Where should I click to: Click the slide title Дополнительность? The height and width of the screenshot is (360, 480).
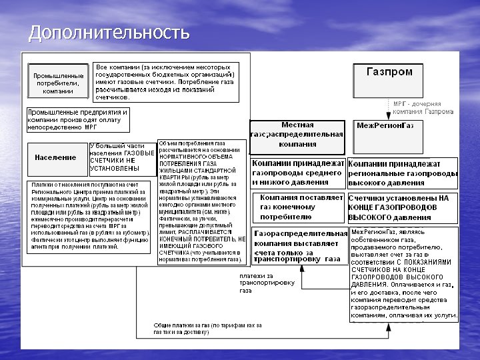[109, 32]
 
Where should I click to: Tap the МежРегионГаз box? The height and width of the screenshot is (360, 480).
[385, 126]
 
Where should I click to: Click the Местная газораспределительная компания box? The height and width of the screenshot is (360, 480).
[297, 135]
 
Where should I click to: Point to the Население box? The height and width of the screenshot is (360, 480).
[56, 158]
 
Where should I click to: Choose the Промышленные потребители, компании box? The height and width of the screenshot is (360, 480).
[58, 82]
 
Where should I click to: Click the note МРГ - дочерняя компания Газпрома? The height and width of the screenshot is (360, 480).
[423, 108]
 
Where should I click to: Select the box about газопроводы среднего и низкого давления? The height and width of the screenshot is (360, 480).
[298, 172]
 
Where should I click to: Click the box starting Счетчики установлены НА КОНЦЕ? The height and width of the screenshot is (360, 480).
[402, 207]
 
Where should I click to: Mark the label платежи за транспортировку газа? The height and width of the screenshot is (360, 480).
[267, 283]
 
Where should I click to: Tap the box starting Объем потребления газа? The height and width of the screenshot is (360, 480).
[202, 202]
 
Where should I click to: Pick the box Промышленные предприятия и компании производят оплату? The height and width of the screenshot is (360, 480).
[77, 119]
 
